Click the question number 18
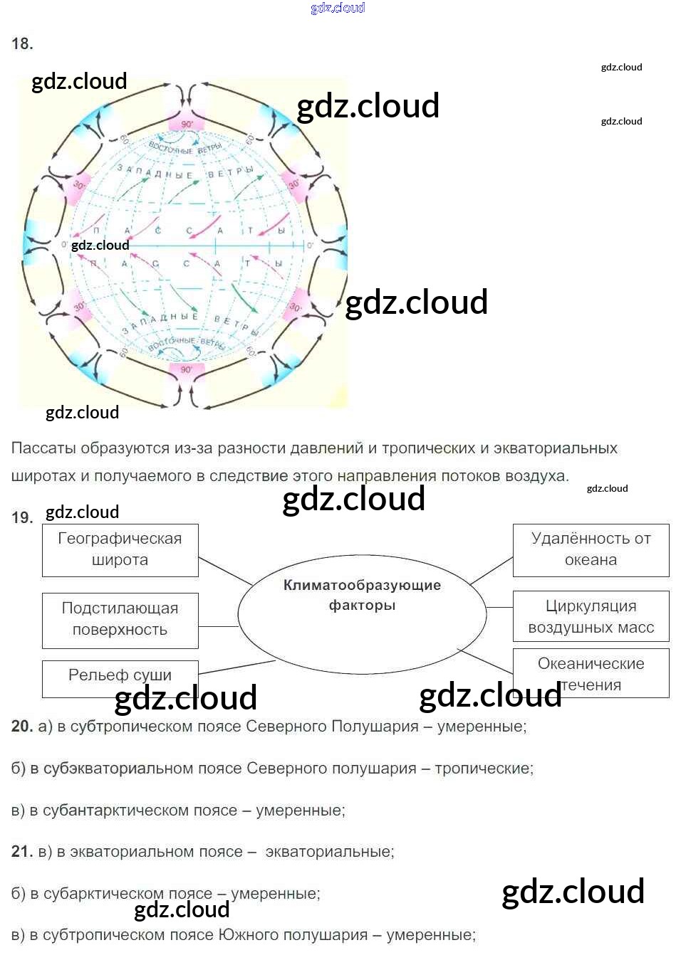click(x=22, y=44)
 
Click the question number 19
click(x=22, y=518)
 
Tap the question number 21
click(x=22, y=852)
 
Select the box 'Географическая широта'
click(x=120, y=550)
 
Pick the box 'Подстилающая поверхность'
click(x=120, y=620)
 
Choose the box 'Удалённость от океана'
click(x=591, y=550)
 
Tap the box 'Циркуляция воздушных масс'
click(x=591, y=617)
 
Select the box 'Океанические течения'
click(x=591, y=672)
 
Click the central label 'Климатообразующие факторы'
click(x=362, y=596)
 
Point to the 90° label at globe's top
click(x=187, y=124)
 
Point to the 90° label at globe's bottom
click(x=186, y=370)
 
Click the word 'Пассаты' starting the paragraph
click(x=43, y=448)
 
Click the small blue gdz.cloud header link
click(x=338, y=8)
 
